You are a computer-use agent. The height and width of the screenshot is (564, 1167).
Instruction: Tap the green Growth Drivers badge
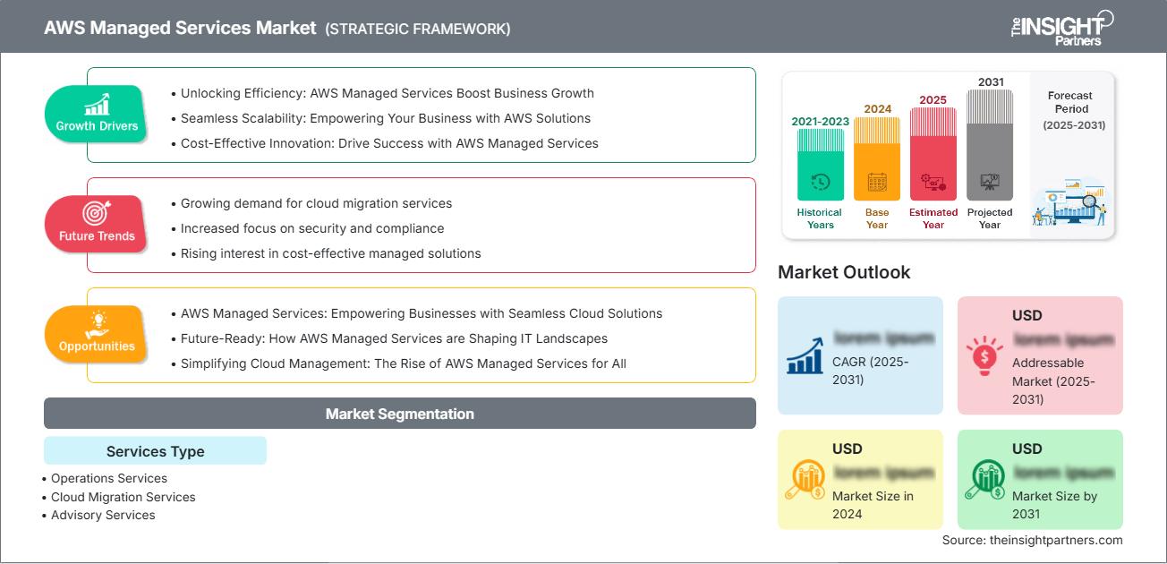(97, 114)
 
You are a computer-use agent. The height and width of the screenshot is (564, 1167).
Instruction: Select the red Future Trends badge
(97, 224)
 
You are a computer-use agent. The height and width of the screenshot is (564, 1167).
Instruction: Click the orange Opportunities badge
(97, 334)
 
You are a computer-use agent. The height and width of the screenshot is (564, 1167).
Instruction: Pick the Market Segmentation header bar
(399, 414)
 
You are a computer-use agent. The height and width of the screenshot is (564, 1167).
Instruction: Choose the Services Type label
(155, 451)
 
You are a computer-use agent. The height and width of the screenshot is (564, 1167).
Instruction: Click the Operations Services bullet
(109, 478)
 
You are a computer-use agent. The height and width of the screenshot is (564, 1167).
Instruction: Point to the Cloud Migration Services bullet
(123, 497)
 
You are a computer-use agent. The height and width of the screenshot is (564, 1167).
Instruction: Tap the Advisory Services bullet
(103, 515)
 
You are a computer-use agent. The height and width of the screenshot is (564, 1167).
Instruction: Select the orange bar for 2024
(877, 158)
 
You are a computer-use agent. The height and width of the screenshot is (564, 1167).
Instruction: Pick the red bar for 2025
(933, 153)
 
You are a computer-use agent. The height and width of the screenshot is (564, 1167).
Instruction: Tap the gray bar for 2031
(990, 144)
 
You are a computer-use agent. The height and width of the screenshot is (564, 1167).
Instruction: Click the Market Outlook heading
(844, 272)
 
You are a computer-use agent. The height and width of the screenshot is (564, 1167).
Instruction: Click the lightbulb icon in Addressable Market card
(984, 355)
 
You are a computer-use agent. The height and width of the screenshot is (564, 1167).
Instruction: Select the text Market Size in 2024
(873, 505)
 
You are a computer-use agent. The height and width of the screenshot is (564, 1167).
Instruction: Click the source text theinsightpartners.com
(1032, 540)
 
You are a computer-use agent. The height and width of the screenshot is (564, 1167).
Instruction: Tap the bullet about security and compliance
(312, 228)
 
